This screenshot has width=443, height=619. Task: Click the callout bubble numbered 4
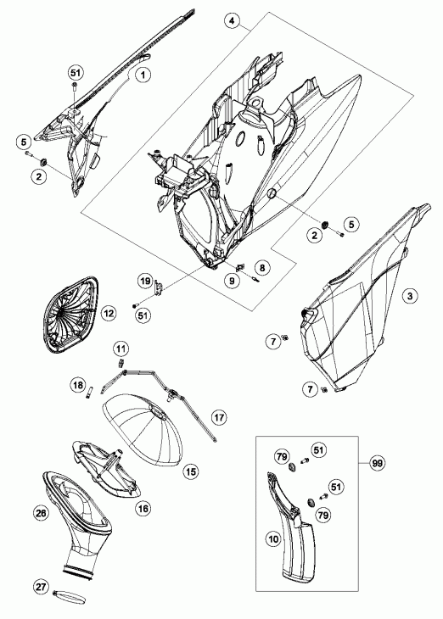coord(232,21)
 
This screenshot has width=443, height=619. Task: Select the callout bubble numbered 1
coord(143,75)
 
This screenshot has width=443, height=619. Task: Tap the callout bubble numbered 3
coord(410,296)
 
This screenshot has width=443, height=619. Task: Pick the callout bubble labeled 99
coord(378,463)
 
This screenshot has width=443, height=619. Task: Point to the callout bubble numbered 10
coord(273,538)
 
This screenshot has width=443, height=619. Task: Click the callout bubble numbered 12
coord(109,314)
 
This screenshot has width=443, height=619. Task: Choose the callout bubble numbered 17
coord(219,417)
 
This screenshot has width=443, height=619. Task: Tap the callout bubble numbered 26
coord(41,513)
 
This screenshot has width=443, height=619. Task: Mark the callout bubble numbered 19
coord(145,281)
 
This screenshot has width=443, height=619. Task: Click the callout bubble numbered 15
coord(191,471)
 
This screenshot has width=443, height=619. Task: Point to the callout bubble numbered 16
coord(143,509)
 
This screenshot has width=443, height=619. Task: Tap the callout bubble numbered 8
coord(262,268)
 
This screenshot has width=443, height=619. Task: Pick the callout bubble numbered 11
coord(121,349)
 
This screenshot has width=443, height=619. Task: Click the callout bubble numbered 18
coord(78,384)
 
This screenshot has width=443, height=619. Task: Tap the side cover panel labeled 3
coord(366,300)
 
